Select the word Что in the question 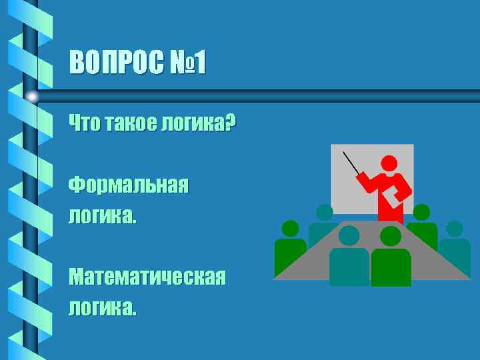tap(83, 123)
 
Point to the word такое tap(129, 123)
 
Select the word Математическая tap(147, 276)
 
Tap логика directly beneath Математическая tap(101, 307)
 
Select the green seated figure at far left tap(290, 247)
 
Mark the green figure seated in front tap(391, 260)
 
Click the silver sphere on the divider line tap(32, 97)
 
